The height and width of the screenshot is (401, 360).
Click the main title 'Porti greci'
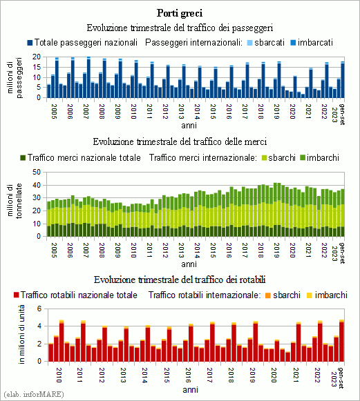[x=180, y=13]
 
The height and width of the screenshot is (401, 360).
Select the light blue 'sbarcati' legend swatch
[x=250, y=43]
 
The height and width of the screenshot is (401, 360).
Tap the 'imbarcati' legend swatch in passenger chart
[x=293, y=43]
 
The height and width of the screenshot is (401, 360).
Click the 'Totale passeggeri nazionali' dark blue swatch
[x=30, y=43]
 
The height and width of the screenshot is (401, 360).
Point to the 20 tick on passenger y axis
[x=37, y=57]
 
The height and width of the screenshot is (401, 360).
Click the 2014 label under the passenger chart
[x=197, y=112]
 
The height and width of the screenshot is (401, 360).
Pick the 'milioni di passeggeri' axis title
[x=15, y=77]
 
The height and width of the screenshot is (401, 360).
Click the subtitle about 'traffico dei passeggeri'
[x=180, y=28]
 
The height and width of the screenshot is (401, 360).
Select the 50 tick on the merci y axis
[x=37, y=172]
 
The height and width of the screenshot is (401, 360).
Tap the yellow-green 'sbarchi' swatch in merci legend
[x=264, y=158]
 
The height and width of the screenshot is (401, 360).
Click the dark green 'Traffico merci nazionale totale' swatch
[x=23, y=158]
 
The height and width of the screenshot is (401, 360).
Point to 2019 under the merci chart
[x=276, y=250]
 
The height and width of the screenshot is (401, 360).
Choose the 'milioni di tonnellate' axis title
[x=15, y=201]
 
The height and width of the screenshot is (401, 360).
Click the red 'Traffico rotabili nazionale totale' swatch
[x=17, y=295]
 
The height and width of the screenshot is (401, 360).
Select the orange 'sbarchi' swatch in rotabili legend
[x=268, y=295]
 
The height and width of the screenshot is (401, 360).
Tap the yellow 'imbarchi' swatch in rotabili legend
[x=310, y=295]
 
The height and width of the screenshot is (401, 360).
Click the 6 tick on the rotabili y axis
[x=39, y=309]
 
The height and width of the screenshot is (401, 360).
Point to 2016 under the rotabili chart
[x=188, y=375]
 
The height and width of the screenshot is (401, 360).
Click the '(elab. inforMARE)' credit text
[x=34, y=394]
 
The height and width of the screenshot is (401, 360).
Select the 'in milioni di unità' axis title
[x=22, y=334]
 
